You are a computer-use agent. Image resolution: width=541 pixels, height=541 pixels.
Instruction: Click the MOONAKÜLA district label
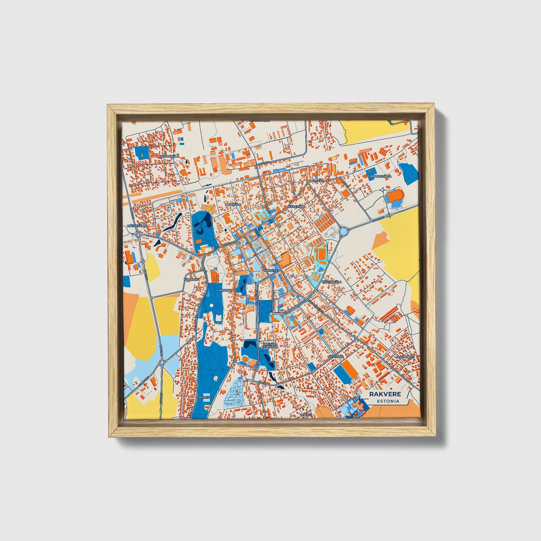pyautogui.click(x=169, y=156)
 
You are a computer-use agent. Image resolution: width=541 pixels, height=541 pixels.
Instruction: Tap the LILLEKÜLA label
pyautogui.click(x=233, y=204)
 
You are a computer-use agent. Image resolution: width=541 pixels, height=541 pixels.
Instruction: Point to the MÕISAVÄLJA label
pyautogui.click(x=135, y=226)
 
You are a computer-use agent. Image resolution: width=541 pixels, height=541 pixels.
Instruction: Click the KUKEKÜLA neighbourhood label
pyautogui.click(x=297, y=206)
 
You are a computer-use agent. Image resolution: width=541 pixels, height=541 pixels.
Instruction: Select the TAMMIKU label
pyautogui.click(x=204, y=397)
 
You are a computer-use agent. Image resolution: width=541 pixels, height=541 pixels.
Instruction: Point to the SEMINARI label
pyautogui.click(x=335, y=356)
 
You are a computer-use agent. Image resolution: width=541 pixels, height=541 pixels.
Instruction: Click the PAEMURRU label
pyautogui.click(x=406, y=357)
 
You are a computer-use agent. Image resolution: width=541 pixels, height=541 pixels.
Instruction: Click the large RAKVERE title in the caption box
pyautogui.click(x=385, y=394)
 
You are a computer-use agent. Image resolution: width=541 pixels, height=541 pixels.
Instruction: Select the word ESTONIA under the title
pyautogui.click(x=388, y=401)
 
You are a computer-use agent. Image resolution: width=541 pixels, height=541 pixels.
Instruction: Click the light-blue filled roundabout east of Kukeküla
pyautogui.click(x=344, y=231)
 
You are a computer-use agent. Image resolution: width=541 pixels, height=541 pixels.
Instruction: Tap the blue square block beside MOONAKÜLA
pyautogui.click(x=142, y=152)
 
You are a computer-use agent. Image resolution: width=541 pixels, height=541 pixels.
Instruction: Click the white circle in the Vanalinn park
pyautogui.click(x=212, y=306)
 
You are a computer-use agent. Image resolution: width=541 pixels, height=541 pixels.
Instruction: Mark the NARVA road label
pyautogui.click(x=317, y=180)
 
